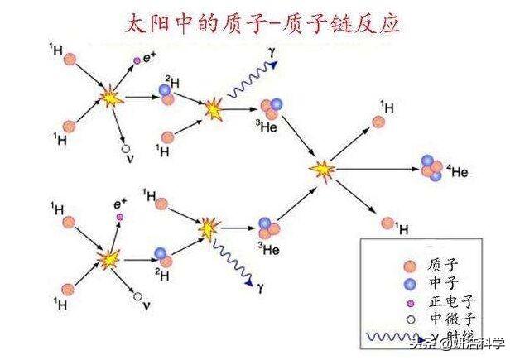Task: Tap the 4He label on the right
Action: [458, 172]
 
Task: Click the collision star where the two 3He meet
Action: [322, 170]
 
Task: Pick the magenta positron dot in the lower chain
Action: [120, 216]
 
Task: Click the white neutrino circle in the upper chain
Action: [127, 150]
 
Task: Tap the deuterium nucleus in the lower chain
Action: [163, 252]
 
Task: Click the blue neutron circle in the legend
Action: [407, 282]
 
